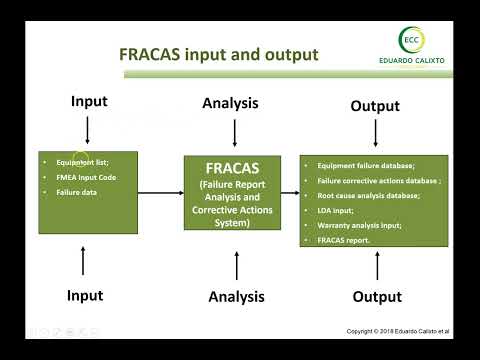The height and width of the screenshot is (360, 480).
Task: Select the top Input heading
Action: (89, 102)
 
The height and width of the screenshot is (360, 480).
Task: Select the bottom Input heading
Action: (85, 296)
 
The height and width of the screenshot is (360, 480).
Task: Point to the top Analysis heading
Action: (235, 102)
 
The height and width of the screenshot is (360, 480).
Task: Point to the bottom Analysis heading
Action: (235, 296)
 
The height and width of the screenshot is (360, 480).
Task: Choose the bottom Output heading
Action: (377, 297)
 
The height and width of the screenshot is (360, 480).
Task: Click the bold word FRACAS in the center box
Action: (234, 169)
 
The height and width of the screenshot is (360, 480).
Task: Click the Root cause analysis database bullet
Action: (368, 196)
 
